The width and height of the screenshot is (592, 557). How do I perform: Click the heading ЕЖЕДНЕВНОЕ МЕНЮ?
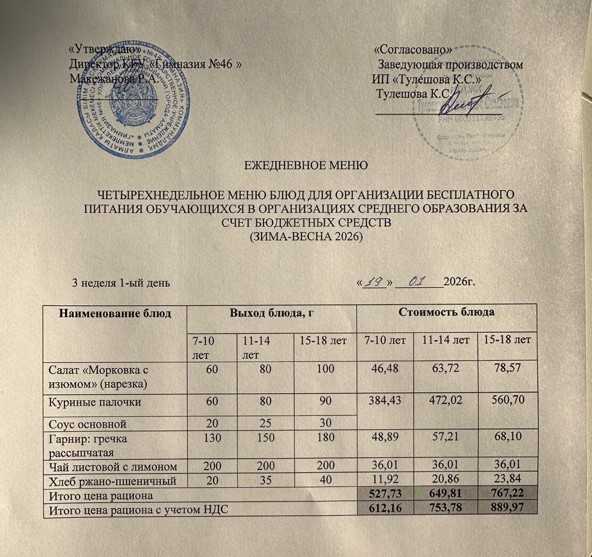coord(306,165)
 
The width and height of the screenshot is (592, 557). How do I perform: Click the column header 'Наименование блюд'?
coord(115,313)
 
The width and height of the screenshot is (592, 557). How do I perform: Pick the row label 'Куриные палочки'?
coord(95,402)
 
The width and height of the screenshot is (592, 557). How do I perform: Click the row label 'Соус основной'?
coord(87,423)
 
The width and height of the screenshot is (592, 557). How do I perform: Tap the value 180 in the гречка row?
coord(326,437)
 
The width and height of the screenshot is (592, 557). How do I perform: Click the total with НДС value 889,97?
coord(508,507)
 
